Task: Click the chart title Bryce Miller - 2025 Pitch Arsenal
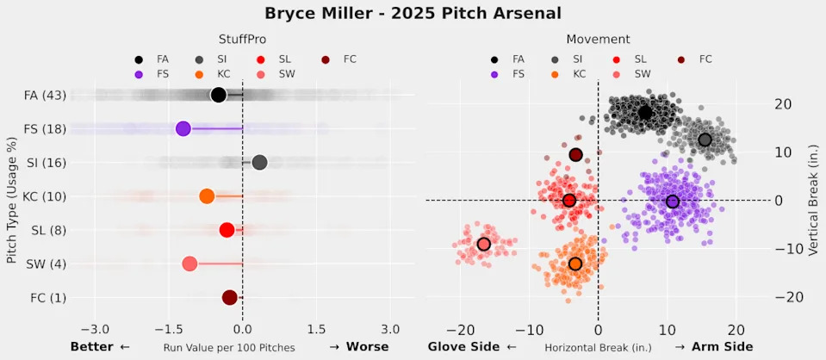pos(413,13)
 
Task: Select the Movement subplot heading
pos(598,40)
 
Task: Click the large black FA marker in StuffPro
pos(218,95)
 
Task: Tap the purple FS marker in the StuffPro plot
pos(183,128)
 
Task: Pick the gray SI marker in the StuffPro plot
pos(259,162)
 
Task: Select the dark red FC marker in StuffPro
pos(230,297)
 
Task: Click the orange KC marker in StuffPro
pos(207,196)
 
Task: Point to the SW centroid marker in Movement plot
pos(484,245)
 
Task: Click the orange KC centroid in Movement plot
pos(575,264)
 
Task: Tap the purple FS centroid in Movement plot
pos(673,202)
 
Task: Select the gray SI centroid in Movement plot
pos(705,140)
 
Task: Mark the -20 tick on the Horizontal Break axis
pos(461,329)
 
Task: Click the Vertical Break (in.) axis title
pos(814,201)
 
